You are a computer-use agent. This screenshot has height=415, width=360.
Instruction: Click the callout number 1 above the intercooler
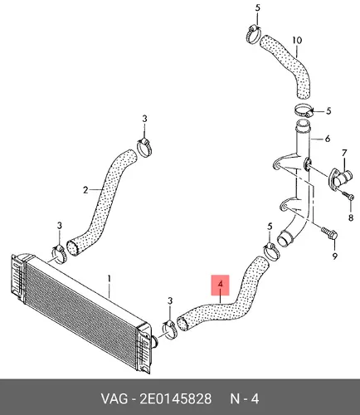pos(109,279)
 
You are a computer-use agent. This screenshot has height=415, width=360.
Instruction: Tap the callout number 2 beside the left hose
pos(85,190)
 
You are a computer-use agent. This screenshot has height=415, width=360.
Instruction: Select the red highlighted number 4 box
pos(221,285)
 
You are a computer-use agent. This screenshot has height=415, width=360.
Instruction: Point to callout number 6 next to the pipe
pos(328,139)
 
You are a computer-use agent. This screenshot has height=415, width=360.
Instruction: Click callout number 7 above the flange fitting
pos(344,153)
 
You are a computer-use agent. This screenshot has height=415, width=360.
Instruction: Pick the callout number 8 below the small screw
pos(351,217)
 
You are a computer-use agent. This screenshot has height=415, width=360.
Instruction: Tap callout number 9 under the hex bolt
pos(335,256)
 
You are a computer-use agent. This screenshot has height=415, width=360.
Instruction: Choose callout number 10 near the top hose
pos(297,41)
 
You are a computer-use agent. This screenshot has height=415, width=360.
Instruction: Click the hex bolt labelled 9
pos(329,233)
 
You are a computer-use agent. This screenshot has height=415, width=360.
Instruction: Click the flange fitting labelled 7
pos(340,178)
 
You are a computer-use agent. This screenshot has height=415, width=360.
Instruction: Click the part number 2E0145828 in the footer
pos(176,399)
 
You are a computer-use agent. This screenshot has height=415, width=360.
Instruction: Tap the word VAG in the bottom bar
pos(114,399)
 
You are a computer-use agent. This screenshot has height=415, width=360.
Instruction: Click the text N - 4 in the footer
pos(245,399)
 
